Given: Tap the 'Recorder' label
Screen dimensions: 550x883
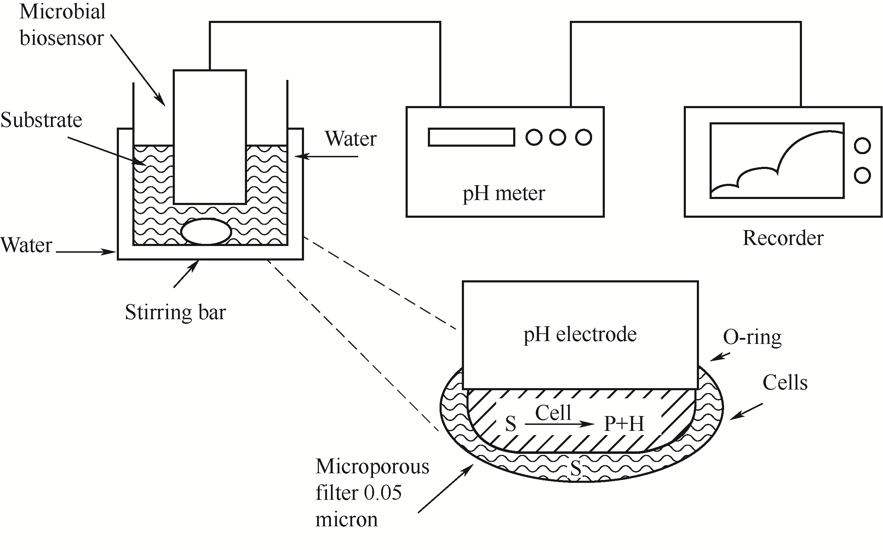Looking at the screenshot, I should [x=783, y=238].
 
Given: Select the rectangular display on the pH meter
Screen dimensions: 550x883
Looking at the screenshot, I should [x=471, y=137].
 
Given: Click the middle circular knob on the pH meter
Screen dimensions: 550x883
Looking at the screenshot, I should [x=557, y=137].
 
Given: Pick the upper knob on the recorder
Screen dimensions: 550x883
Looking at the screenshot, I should [x=862, y=146].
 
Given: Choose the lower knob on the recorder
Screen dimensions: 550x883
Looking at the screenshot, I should [x=862, y=175].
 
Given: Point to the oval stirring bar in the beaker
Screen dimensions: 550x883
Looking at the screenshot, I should [x=206, y=232].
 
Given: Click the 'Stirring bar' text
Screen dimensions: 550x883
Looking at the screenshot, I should [x=175, y=312].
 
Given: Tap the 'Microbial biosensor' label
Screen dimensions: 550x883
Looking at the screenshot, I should [x=62, y=25].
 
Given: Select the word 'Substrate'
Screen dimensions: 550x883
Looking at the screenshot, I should [x=41, y=120].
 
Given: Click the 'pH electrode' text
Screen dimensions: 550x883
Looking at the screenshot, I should [x=580, y=334].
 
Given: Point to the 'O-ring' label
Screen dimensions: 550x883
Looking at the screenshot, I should [x=752, y=337].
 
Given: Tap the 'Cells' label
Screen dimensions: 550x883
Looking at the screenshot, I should [x=785, y=383].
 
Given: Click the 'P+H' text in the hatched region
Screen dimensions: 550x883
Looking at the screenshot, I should [x=624, y=424].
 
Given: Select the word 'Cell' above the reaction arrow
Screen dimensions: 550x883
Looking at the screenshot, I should [x=553, y=412].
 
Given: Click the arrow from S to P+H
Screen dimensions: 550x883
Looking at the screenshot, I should [x=559, y=424].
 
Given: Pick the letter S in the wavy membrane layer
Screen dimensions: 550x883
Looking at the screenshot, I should [x=575, y=468].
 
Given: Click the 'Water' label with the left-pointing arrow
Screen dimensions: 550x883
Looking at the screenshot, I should [x=350, y=139].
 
